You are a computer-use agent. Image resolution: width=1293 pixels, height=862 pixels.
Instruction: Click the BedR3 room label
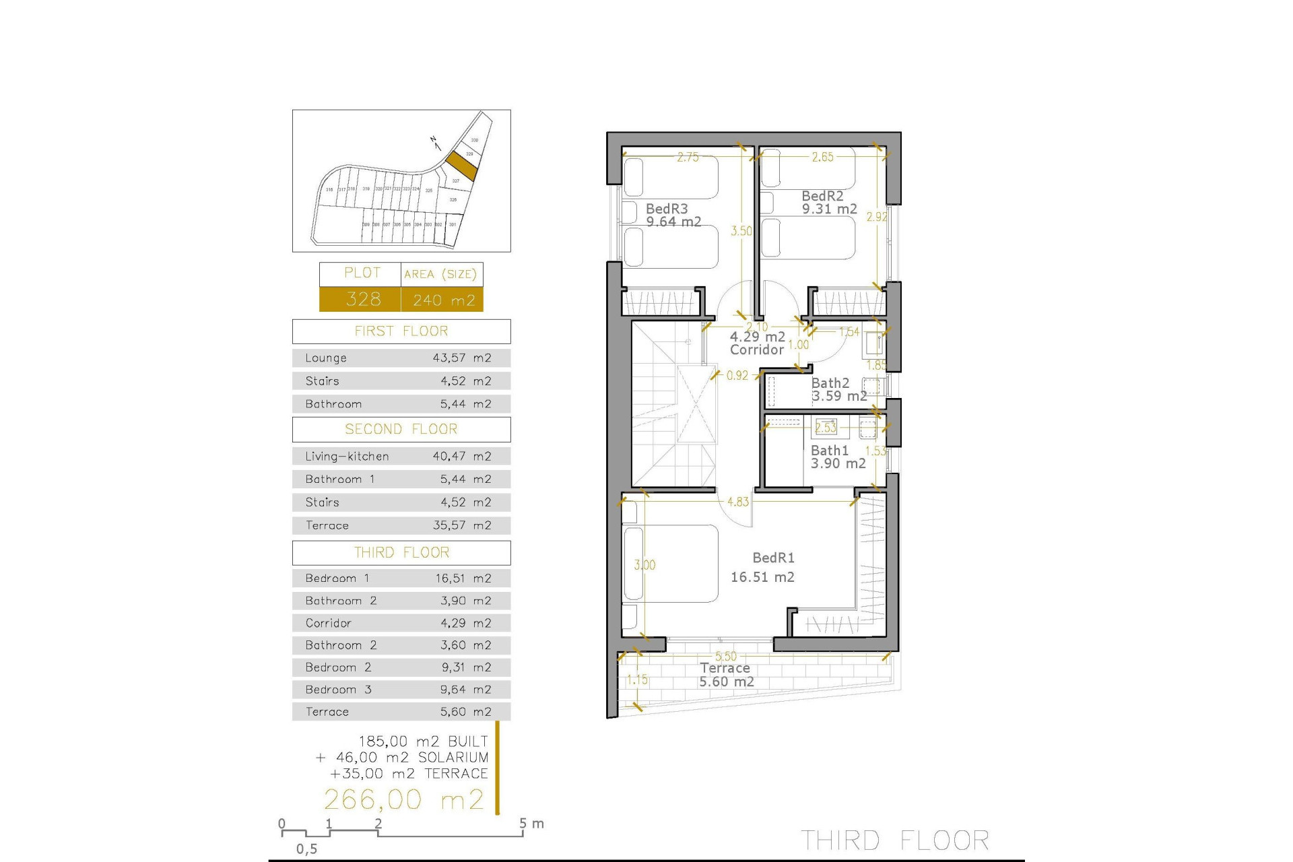tap(667, 209)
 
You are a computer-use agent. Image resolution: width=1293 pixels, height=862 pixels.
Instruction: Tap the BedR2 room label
tap(822, 196)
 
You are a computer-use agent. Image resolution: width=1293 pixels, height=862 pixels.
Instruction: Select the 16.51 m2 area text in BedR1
tap(762, 577)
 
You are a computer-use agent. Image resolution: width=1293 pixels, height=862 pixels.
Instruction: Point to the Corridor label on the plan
tap(757, 350)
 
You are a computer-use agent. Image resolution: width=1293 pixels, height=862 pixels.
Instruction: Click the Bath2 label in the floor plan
tap(830, 383)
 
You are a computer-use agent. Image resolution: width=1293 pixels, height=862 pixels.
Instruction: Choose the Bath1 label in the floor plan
tap(829, 451)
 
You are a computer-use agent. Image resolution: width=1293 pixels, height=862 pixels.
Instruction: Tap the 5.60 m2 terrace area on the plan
tap(726, 682)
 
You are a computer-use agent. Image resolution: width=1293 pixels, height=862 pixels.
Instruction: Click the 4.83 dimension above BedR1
tap(737, 502)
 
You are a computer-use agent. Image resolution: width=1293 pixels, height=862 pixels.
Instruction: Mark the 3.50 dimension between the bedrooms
tap(741, 231)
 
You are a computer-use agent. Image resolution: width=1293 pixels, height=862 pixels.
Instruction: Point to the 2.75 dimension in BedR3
tap(688, 158)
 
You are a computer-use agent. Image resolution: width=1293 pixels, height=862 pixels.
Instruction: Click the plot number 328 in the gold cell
tap(363, 299)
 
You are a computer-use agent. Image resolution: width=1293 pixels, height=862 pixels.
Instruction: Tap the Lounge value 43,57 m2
tap(461, 358)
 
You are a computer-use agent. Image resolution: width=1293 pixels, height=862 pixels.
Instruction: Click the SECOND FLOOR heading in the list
tap(401, 429)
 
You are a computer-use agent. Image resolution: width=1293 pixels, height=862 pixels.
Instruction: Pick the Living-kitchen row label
tap(347, 457)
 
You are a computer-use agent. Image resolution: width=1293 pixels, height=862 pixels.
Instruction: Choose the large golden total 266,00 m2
tap(404, 799)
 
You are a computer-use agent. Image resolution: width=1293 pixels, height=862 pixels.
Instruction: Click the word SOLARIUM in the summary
tap(453, 758)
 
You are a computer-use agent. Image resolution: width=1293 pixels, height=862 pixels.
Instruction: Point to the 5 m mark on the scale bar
tap(523, 824)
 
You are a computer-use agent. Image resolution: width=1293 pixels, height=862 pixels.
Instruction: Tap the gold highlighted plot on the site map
tap(461, 164)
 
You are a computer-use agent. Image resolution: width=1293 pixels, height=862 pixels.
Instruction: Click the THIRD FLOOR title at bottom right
tap(894, 840)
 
